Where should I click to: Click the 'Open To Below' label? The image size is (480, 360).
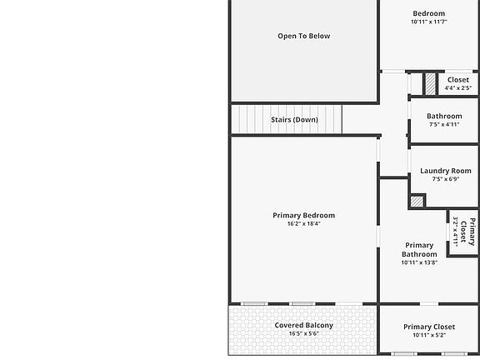[x=303, y=36]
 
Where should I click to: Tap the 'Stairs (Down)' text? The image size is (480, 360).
[x=293, y=119]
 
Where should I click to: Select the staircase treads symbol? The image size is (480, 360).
[x=249, y=119]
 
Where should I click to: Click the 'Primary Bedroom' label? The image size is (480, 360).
[x=303, y=215]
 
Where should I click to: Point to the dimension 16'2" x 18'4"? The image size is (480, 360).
[x=303, y=223]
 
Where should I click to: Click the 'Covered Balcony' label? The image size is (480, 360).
[x=303, y=325]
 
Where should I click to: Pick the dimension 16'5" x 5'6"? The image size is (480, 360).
[x=303, y=333]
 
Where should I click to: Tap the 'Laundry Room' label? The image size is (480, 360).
[x=445, y=171]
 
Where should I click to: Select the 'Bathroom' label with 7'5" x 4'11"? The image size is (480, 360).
[x=444, y=117]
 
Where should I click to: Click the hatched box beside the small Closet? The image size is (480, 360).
[x=430, y=84]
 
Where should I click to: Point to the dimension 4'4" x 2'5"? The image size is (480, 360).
[x=457, y=87]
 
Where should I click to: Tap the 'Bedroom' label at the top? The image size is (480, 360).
[x=429, y=13]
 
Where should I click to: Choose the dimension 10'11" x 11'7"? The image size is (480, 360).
[x=429, y=22]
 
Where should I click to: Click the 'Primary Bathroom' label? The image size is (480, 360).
[x=419, y=250]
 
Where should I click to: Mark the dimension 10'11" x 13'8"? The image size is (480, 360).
[x=419, y=262]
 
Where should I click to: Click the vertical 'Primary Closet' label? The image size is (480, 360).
[x=471, y=231]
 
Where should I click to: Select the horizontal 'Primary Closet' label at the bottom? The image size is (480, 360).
[x=429, y=327]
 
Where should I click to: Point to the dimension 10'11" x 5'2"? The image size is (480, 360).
[x=429, y=335]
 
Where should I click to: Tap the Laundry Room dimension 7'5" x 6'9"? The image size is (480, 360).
[x=445, y=179]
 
